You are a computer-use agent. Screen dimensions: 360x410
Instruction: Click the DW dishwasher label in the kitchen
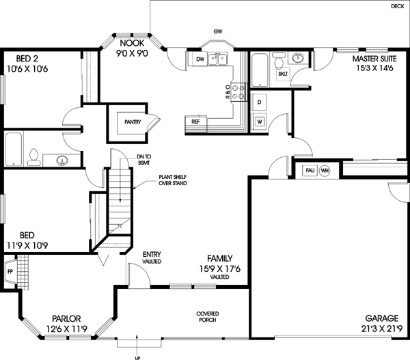[x=200, y=60]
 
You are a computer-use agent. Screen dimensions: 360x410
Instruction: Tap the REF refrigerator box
[x=196, y=122]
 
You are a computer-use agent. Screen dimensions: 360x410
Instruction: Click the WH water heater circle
[x=325, y=170]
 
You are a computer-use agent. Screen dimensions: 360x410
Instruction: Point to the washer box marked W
[x=259, y=122]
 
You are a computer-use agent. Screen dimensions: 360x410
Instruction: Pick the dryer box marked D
[x=259, y=102]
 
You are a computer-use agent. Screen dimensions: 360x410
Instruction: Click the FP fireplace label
[x=9, y=271]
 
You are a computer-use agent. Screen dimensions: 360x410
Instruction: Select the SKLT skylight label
[x=282, y=73]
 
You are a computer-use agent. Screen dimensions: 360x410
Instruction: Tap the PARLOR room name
[x=67, y=318]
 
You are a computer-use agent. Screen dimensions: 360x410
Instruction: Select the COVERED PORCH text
[x=208, y=316]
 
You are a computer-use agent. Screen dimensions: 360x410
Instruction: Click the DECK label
[x=397, y=6]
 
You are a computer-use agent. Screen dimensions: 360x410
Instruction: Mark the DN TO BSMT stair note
[x=144, y=160]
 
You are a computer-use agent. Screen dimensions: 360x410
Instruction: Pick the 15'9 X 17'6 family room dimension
[x=219, y=269]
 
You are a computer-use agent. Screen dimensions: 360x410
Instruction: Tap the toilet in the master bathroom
[x=281, y=63]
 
